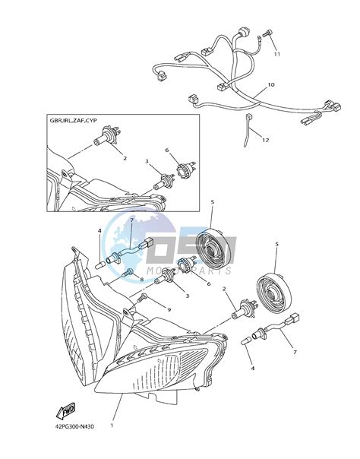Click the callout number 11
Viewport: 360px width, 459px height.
point(277,55)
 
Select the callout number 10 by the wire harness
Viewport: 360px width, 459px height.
point(271,86)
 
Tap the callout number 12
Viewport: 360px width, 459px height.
point(265,140)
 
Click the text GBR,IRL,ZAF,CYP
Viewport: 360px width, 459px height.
point(74,121)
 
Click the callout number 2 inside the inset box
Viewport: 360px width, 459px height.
point(125,159)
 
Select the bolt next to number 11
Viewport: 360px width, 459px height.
point(269,34)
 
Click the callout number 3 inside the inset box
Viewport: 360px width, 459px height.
point(146,162)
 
